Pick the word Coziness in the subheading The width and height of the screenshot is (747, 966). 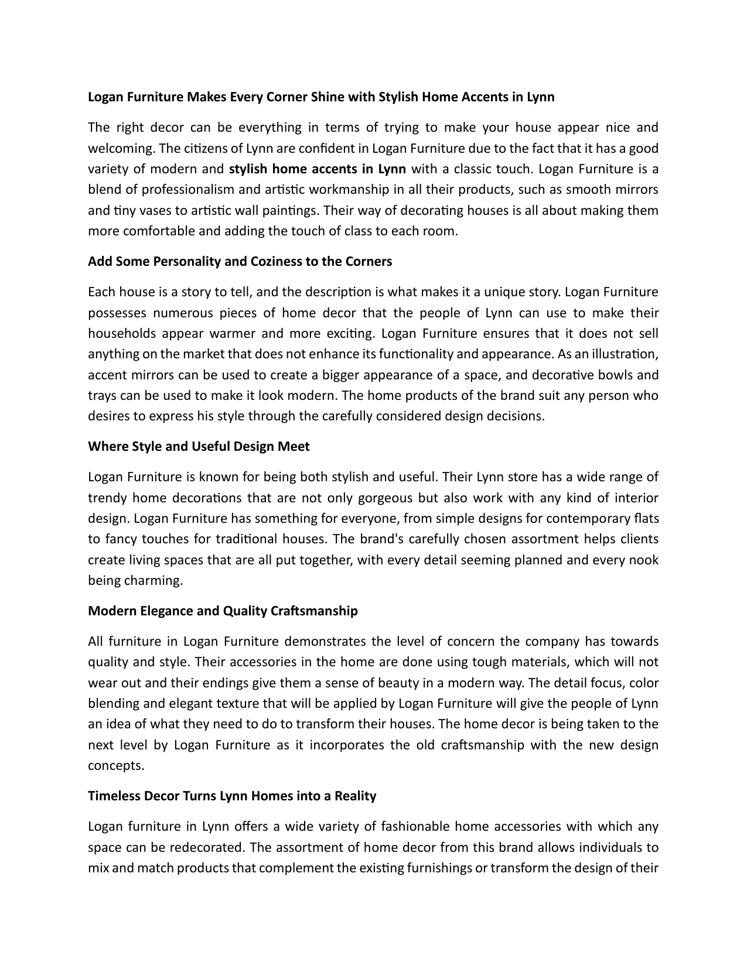pyautogui.click(x=276, y=261)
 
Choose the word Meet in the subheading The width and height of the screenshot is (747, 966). pyautogui.click(x=294, y=446)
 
